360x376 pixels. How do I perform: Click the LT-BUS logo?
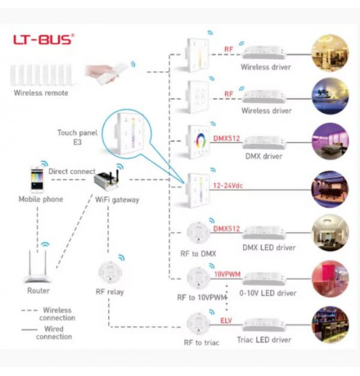(x=43, y=39)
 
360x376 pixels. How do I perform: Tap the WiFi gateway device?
(x=106, y=181)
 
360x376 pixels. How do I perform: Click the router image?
(x=38, y=266)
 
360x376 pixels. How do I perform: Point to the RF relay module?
(x=110, y=271)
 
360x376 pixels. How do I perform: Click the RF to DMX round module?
(x=199, y=233)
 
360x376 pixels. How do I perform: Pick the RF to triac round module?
(x=199, y=324)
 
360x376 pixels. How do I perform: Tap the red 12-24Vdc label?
(x=228, y=186)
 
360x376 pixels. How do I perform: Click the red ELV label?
(x=226, y=320)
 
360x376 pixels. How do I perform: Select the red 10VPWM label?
(x=227, y=274)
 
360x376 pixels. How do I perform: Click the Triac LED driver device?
(x=264, y=325)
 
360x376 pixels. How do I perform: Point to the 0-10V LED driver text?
(x=268, y=293)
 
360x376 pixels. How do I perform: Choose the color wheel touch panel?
(x=198, y=141)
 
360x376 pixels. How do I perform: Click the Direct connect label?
(x=72, y=172)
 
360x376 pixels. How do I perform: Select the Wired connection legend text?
(x=54, y=333)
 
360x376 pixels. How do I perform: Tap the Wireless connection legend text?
(x=57, y=314)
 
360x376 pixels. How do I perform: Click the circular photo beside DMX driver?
(x=330, y=141)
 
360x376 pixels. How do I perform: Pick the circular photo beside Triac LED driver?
(x=330, y=325)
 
